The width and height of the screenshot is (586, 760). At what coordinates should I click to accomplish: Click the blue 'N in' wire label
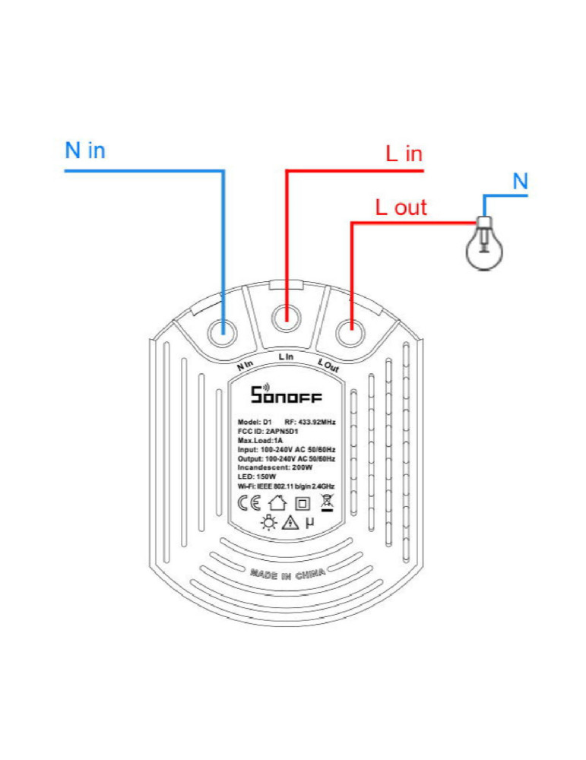click(x=85, y=150)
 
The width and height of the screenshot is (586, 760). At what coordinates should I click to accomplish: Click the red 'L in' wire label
click(x=404, y=154)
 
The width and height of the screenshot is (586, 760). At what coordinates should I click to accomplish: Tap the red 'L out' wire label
click(x=401, y=207)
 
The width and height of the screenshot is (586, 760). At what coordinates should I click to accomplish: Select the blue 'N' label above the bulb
click(x=520, y=182)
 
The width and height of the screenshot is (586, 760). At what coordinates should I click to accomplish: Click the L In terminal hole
click(x=287, y=314)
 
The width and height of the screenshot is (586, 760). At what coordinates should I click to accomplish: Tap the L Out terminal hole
click(x=350, y=330)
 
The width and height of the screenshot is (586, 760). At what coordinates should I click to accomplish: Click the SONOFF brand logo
click(x=287, y=395)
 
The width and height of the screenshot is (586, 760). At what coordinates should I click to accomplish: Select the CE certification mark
click(x=249, y=502)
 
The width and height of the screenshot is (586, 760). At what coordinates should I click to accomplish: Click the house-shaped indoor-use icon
click(x=277, y=502)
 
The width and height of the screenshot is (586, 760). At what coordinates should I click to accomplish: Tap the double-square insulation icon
click(x=303, y=503)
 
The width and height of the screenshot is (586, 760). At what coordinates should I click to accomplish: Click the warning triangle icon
click(x=289, y=522)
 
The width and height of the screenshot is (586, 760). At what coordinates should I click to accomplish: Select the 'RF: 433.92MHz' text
click(x=309, y=421)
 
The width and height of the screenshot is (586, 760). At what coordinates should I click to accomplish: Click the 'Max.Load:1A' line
click(x=259, y=441)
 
